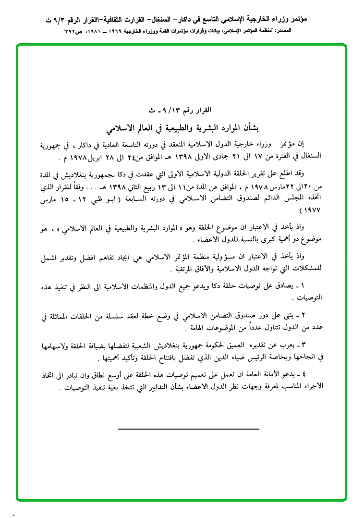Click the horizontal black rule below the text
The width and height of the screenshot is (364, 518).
coord(188,428)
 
